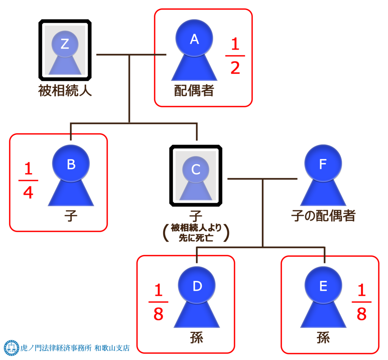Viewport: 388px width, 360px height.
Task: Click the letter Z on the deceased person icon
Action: (65, 44)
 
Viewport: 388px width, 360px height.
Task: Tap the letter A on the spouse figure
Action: (194, 39)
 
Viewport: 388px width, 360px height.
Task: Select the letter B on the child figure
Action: (71, 164)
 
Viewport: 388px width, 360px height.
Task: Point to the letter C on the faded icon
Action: (196, 169)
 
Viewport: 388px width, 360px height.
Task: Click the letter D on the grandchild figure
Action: (197, 286)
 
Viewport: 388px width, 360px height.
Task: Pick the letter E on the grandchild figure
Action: (323, 286)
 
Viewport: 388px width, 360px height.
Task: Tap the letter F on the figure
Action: (323, 164)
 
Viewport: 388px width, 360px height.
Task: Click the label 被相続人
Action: (65, 91)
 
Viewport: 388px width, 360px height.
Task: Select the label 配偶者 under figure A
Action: (194, 91)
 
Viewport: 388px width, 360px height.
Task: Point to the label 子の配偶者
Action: (323, 216)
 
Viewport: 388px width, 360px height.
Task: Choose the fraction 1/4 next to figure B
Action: (28, 181)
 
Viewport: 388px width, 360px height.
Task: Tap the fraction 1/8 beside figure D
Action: (158, 302)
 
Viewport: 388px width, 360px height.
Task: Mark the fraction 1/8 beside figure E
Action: (361, 302)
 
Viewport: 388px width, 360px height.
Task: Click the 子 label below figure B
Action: (71, 216)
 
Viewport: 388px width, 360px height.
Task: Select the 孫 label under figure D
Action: (197, 338)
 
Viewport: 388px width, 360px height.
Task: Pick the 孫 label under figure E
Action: (323, 338)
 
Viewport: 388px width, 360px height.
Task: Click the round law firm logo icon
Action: (11, 347)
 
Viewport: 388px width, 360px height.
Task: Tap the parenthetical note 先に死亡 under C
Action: (196, 238)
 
